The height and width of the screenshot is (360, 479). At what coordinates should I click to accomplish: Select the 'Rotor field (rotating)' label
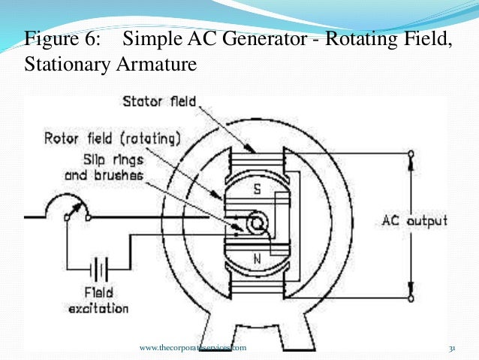[x=112, y=139]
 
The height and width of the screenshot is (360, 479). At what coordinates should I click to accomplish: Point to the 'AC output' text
[x=414, y=220]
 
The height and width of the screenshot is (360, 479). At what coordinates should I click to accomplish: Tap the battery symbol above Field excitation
[x=98, y=268]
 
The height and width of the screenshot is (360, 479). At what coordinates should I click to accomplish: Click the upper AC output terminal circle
[x=411, y=154]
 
